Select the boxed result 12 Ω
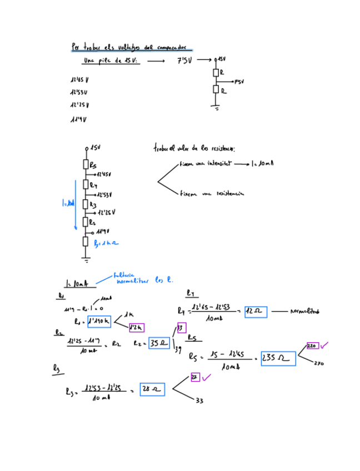(256, 312)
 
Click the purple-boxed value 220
(312, 345)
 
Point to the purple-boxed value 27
(195, 378)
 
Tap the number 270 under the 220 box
(319, 364)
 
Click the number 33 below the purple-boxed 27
(199, 400)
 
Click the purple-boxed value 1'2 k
(136, 328)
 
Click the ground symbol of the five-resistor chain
(86, 259)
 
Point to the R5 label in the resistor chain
(93, 164)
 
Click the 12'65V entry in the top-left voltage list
(80, 79)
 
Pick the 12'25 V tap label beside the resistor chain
(106, 212)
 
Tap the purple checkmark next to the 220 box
(324, 345)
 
